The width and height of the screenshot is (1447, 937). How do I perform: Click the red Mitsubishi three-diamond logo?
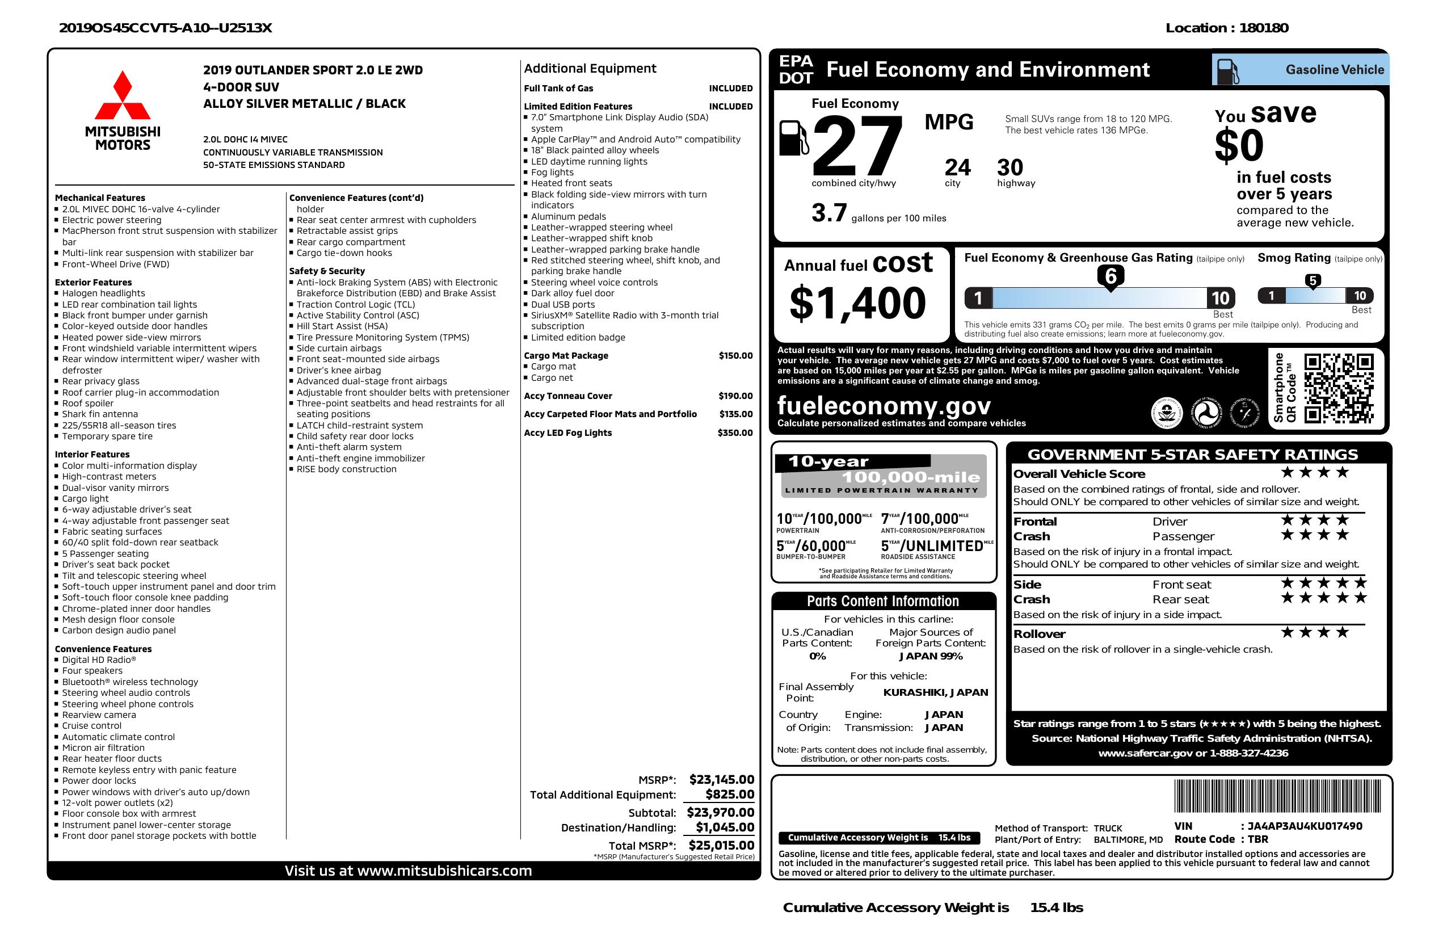pos(122,95)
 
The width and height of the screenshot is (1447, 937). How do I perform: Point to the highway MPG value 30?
pos(1010,167)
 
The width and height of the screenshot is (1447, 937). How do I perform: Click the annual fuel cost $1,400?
pos(857,303)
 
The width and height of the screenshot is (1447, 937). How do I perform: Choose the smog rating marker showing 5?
pos(1313,281)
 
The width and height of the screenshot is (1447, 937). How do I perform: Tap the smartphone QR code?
pos(1339,389)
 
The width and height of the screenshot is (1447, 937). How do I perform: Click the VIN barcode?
pos(1277,797)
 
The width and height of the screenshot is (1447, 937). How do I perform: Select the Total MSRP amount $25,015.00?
pos(721,845)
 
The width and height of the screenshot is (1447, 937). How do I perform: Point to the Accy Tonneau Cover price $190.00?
pos(735,396)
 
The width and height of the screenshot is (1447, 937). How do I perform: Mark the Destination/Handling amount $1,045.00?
pos(725,827)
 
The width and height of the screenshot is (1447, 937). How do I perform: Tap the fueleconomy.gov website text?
pos(884,406)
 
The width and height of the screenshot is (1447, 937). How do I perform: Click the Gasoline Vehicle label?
pos(1335,70)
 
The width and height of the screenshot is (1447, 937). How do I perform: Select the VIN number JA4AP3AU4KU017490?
pos(1305,826)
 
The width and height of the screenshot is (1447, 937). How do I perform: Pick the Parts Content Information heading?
pos(883,602)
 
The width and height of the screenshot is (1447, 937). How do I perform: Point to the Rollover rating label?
pos(1039,634)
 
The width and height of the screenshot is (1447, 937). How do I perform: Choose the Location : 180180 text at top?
pos(1226,28)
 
